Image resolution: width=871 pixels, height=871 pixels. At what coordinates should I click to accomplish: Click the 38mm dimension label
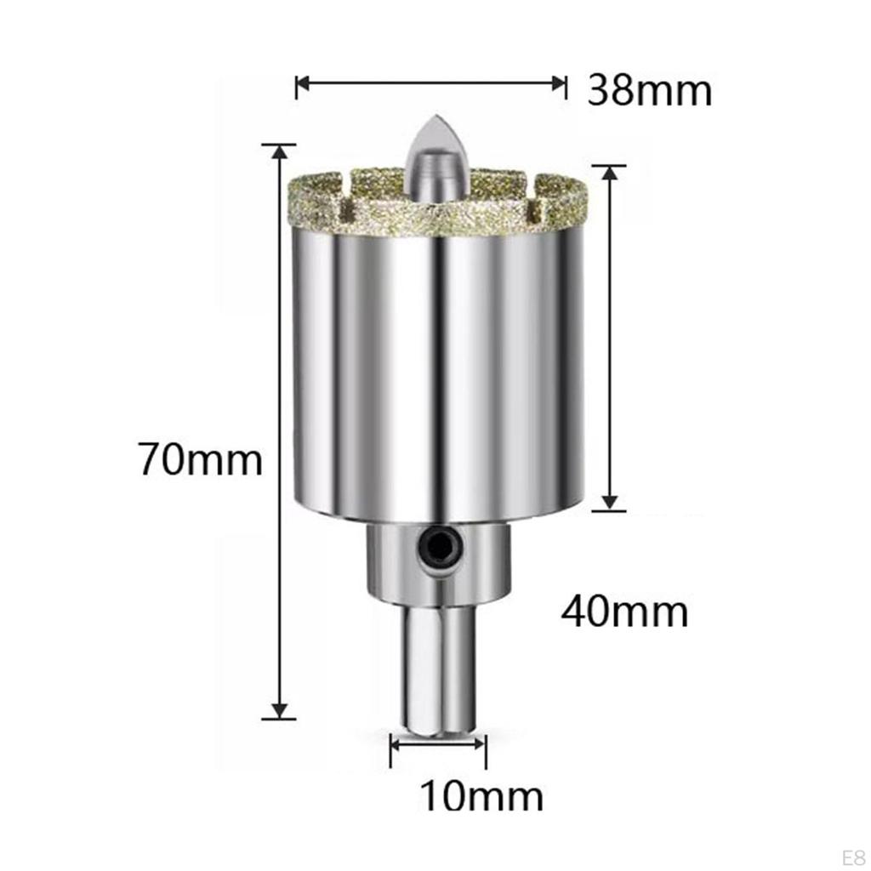649,88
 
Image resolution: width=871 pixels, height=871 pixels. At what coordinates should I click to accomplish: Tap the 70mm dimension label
202,460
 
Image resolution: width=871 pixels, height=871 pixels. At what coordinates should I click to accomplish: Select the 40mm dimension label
624,611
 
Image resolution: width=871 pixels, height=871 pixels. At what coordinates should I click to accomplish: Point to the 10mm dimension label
481,796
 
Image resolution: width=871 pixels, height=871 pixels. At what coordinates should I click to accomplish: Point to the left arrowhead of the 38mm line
301,83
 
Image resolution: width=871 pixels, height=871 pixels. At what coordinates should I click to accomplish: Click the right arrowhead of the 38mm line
559,83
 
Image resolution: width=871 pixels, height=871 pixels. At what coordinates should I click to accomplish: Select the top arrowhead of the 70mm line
278,151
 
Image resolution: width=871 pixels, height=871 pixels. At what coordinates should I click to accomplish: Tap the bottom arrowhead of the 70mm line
278,711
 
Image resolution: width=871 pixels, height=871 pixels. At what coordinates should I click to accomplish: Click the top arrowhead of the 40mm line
608,173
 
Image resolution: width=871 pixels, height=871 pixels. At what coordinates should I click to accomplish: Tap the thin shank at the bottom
438,663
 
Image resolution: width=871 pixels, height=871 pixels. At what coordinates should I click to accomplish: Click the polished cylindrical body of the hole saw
438,366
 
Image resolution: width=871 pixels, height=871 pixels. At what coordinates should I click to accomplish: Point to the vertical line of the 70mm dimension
278,340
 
